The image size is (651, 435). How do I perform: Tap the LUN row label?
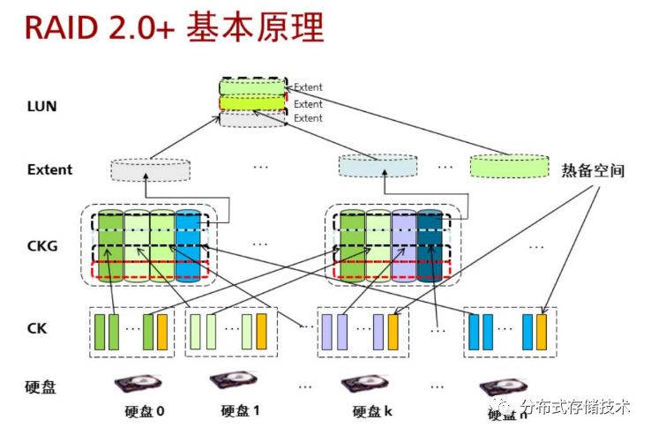pos(41,107)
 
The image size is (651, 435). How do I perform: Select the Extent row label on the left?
pos(49,169)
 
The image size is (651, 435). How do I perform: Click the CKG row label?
pos(41,245)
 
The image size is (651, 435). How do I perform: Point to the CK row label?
pos(37,331)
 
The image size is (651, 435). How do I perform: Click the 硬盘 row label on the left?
pos(41,386)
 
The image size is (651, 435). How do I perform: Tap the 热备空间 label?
pos(593,170)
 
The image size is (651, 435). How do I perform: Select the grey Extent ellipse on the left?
pos(150,168)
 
